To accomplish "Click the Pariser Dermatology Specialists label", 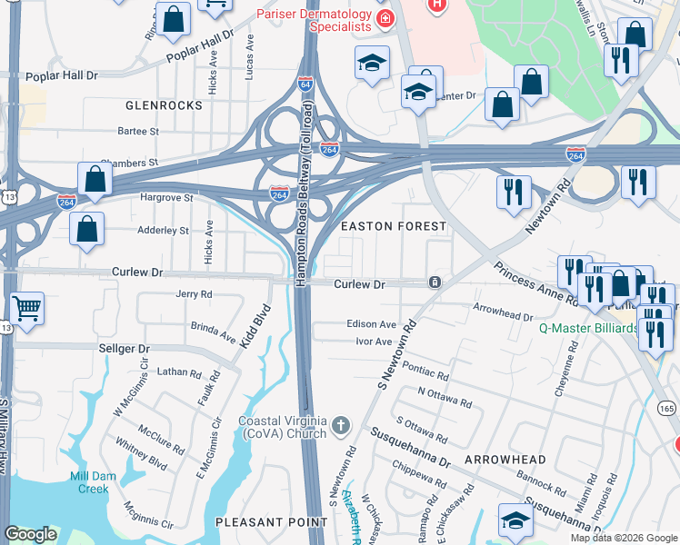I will point(314,20).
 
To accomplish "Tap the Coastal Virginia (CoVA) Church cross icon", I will point(340,425).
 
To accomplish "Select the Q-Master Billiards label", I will point(587,328).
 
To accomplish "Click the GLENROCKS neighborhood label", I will point(164,105).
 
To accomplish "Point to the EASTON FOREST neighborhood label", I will point(393,225).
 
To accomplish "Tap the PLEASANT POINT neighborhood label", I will point(271,521).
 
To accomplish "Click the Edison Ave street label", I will point(371,324).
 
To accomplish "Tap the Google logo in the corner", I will point(31,534).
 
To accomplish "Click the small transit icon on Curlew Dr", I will point(435,282).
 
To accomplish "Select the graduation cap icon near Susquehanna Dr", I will point(515,520).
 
